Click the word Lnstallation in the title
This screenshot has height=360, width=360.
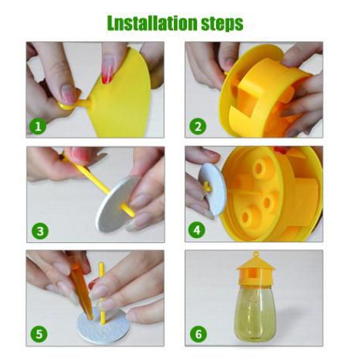coord(152,23)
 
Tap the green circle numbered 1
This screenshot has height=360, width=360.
coord(38,126)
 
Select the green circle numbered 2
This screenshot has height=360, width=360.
coord(198,126)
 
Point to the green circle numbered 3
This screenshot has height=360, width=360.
coord(40,232)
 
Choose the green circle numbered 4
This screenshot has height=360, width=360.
coord(197,230)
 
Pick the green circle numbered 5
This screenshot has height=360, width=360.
coord(39,334)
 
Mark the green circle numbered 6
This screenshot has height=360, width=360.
coord(198,334)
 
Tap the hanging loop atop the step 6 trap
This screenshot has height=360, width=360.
coord(255,255)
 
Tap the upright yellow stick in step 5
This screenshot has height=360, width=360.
coord(102,293)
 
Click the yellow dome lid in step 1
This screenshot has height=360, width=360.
coord(123,94)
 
